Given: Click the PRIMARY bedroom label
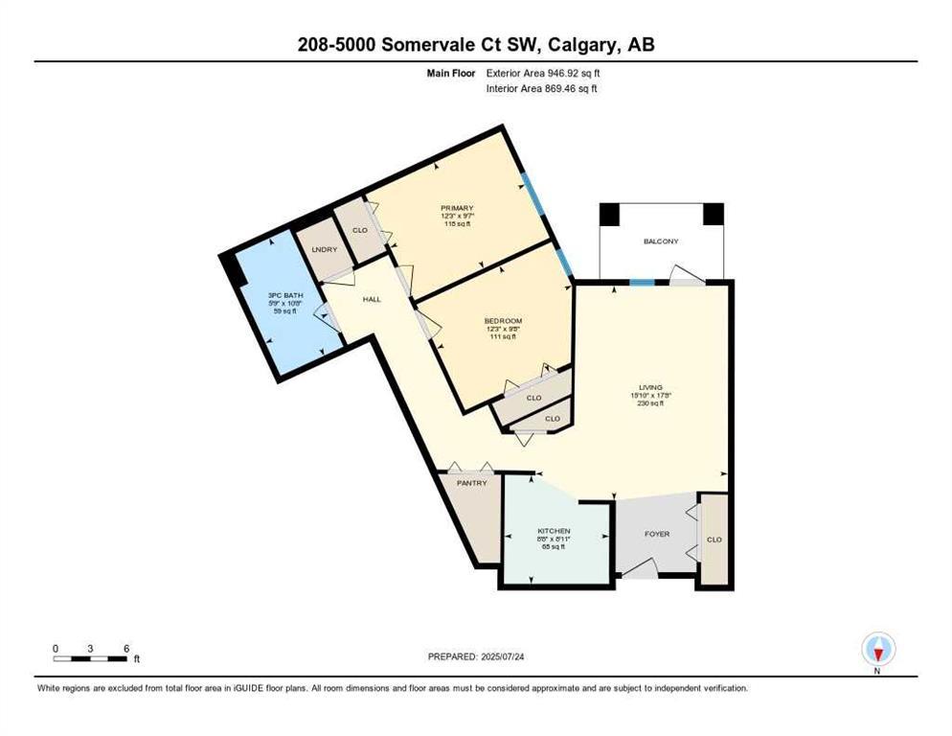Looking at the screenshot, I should pos(457,208).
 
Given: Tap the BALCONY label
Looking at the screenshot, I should pos(661,241).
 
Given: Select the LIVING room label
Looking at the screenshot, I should pos(651,387).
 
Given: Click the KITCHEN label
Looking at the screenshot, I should pos(554,531).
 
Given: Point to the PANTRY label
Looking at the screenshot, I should pos(471,483).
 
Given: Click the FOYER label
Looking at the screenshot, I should pos(656,534).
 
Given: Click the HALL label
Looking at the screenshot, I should pos(372,300).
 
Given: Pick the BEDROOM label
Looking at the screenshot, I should pos(503,320).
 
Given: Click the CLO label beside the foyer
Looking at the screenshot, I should pos(714,540).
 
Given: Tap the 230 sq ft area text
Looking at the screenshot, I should pos(651,403).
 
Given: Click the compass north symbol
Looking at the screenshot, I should pos(877,651).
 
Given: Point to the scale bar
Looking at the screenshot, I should pos(91,658).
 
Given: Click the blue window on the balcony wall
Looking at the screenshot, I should pos(641,282).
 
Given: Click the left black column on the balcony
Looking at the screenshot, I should pos(609,215).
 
